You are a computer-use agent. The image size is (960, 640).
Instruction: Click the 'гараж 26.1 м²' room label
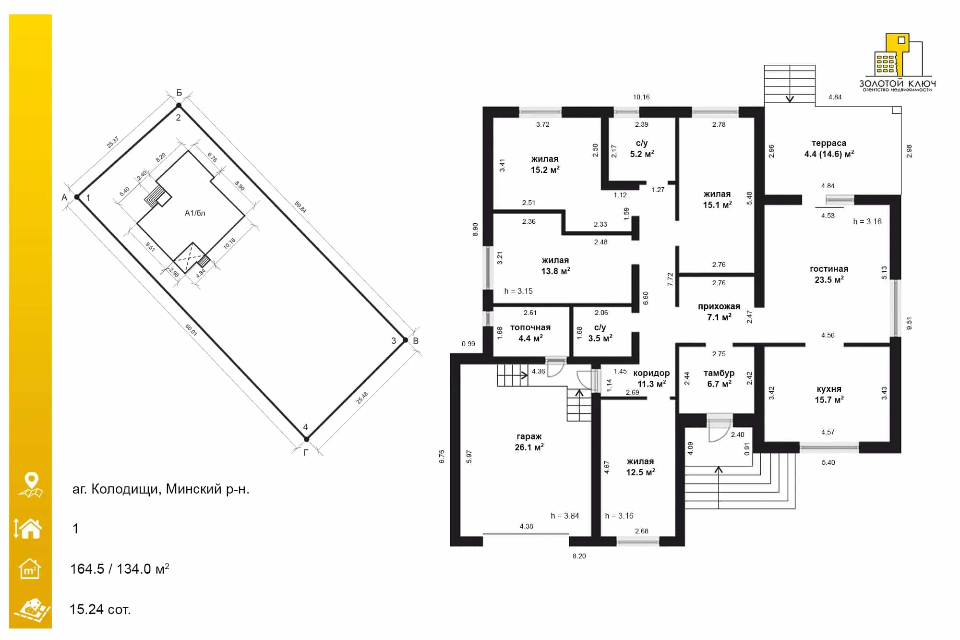(x=529, y=442)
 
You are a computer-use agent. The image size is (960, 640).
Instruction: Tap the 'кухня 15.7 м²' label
(x=829, y=394)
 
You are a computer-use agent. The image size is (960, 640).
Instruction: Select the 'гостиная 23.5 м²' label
(x=829, y=274)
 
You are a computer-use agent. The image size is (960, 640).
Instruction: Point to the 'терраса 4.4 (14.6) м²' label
(x=829, y=148)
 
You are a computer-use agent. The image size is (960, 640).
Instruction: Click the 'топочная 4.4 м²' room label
(x=530, y=333)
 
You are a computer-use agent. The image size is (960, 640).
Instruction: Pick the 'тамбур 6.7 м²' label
(x=719, y=378)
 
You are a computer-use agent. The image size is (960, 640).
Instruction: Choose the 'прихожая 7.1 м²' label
(x=719, y=312)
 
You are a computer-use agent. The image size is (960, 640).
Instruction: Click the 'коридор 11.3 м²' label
(x=651, y=378)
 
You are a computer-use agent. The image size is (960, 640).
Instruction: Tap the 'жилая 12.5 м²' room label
(x=640, y=467)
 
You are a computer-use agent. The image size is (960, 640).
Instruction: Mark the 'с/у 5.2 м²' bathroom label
(x=642, y=148)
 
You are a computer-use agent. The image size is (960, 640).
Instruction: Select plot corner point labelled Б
(x=179, y=105)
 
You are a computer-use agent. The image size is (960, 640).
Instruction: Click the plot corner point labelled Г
(x=307, y=439)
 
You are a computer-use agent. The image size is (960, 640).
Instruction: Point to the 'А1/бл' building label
(x=195, y=213)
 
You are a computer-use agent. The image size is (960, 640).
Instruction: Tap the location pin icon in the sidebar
(x=31, y=484)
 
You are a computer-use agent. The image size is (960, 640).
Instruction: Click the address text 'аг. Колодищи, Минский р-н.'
(x=161, y=489)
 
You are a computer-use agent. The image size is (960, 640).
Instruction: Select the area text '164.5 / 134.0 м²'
(x=120, y=569)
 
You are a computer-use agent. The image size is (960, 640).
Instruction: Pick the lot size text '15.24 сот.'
(x=100, y=609)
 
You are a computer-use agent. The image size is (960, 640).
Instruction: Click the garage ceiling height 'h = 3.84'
(x=564, y=516)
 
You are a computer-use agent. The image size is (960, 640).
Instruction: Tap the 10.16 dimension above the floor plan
(x=641, y=97)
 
